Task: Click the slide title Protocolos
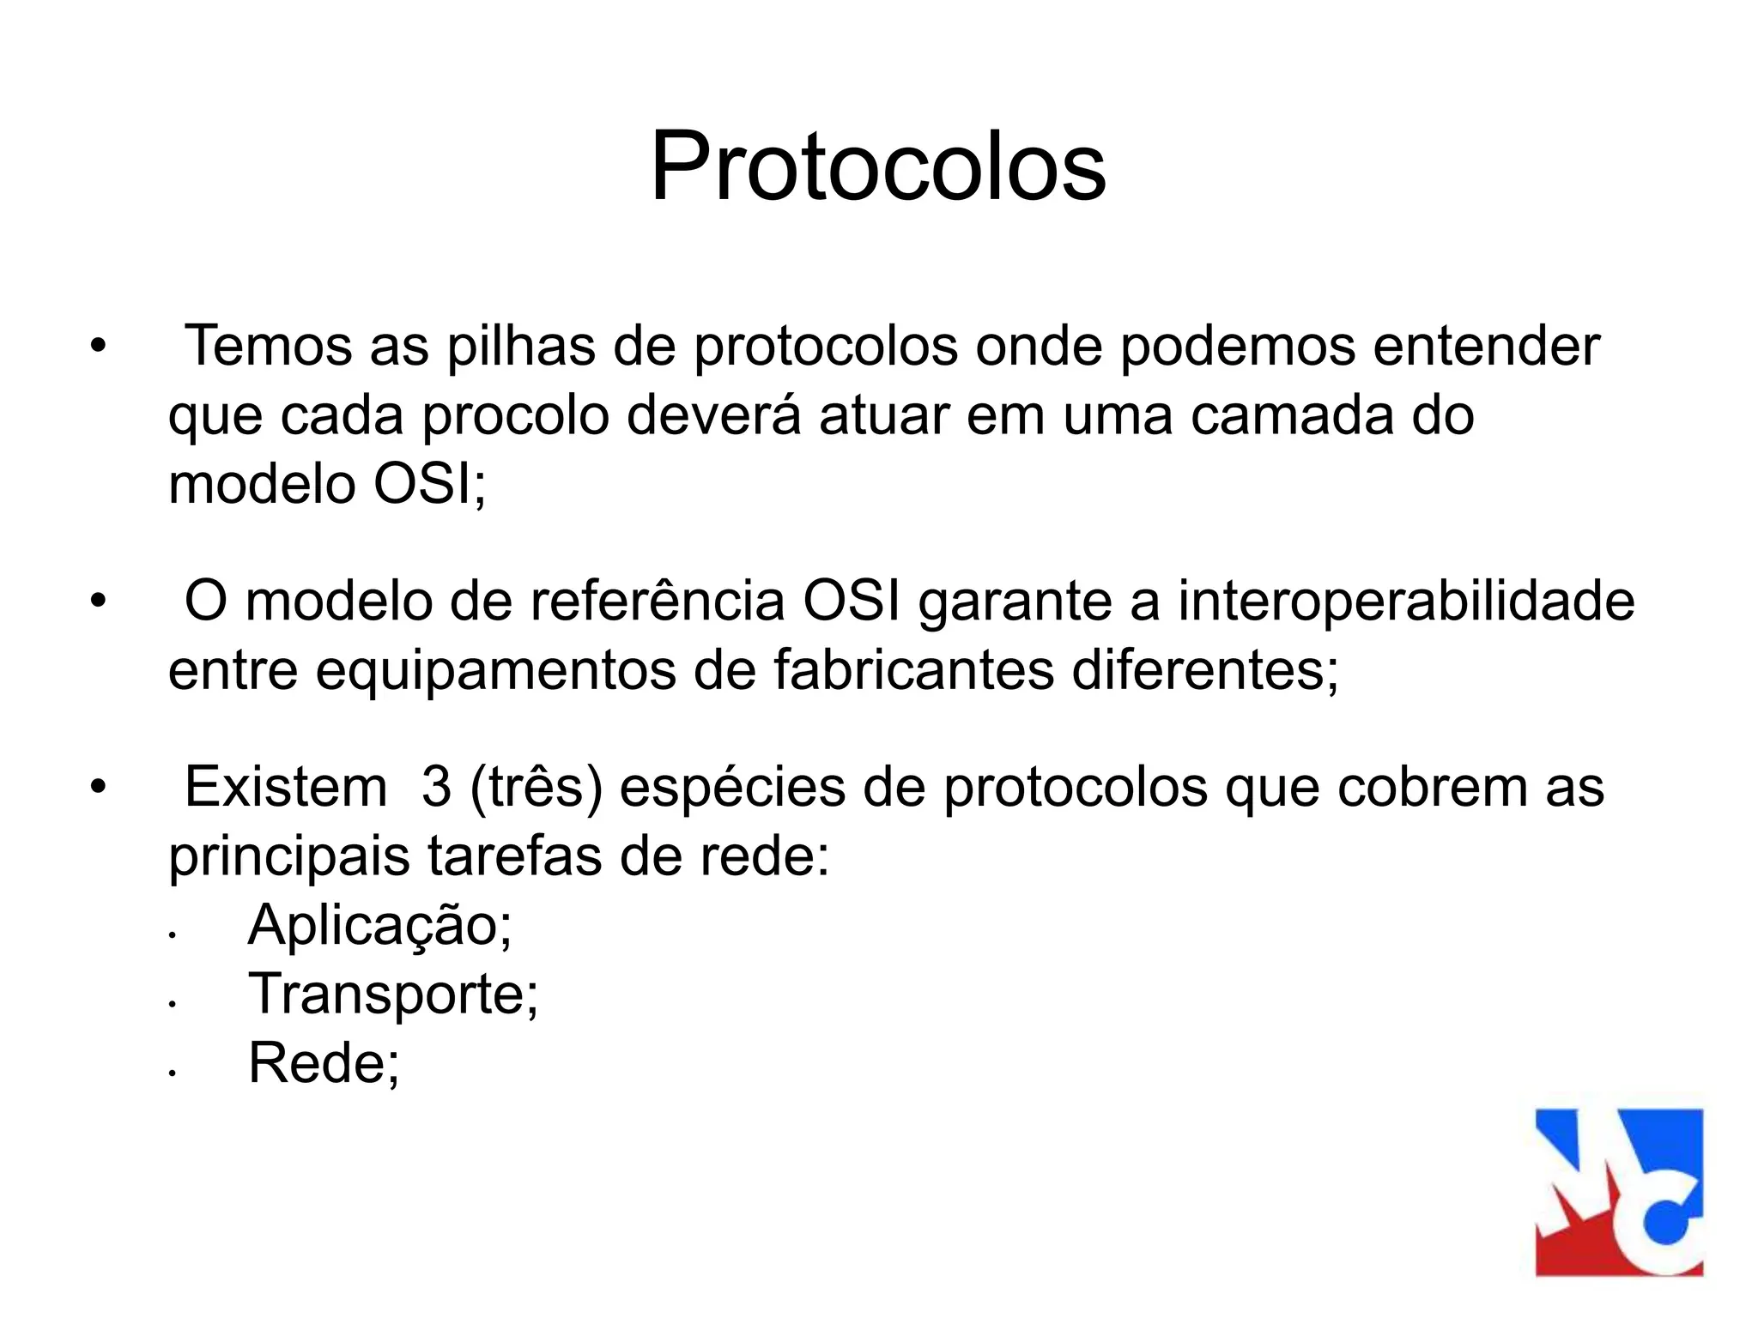(x=878, y=166)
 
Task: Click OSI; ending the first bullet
(x=429, y=485)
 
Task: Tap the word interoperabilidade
(x=1406, y=602)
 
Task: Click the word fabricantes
(x=913, y=670)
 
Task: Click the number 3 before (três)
(x=436, y=787)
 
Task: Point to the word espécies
(x=732, y=789)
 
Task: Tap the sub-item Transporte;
(x=393, y=995)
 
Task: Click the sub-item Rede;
(x=324, y=1063)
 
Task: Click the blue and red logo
(x=1619, y=1192)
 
